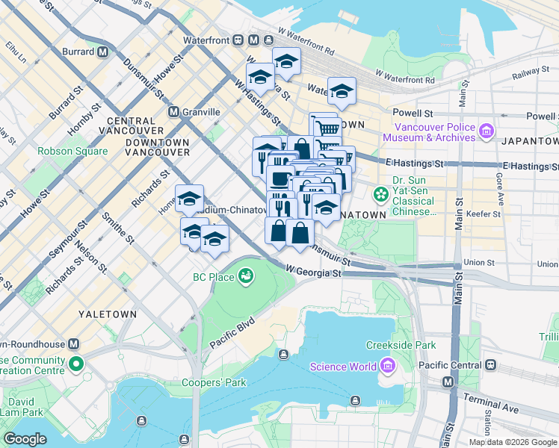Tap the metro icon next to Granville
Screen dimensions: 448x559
(173, 112)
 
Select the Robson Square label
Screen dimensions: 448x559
(72, 151)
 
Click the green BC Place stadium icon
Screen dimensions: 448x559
(244, 277)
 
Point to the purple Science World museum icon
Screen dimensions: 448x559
(387, 366)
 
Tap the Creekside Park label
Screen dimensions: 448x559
(401, 345)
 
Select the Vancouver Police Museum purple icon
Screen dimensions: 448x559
(487, 132)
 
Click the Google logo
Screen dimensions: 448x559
(25, 438)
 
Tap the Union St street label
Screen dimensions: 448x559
(479, 263)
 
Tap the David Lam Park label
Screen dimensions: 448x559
(22, 405)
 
